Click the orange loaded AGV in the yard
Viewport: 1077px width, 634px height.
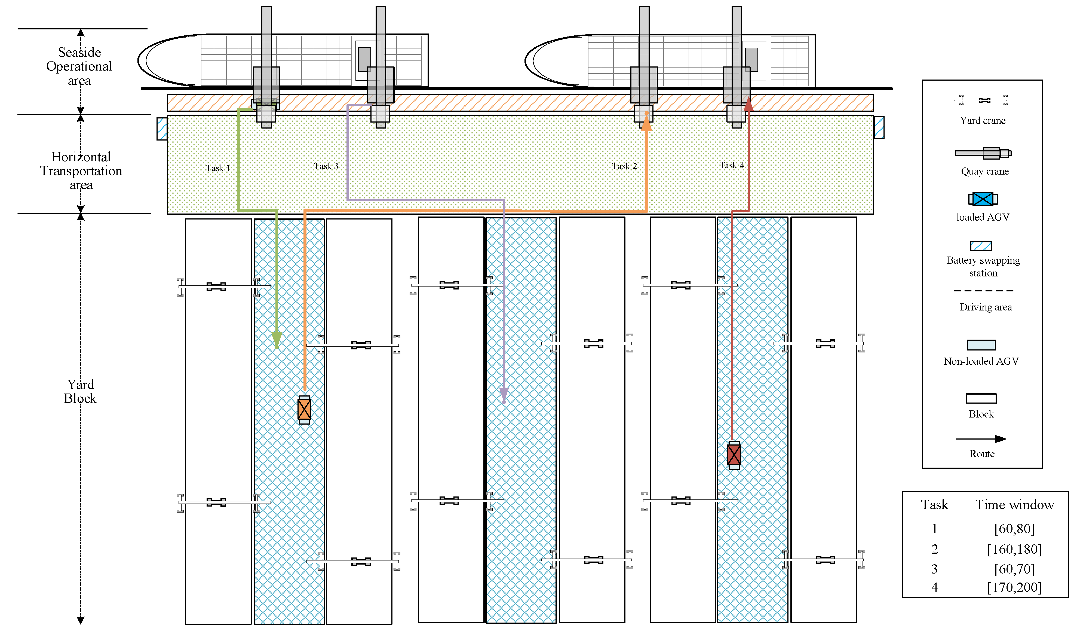click(x=304, y=410)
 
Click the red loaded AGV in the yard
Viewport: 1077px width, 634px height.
click(x=734, y=455)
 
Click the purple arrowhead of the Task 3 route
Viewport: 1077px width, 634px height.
click(x=504, y=394)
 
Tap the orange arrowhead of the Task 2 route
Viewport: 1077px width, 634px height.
click(x=647, y=123)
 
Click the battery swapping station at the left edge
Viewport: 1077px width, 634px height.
click(x=162, y=129)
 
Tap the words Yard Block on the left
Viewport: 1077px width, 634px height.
click(x=80, y=391)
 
